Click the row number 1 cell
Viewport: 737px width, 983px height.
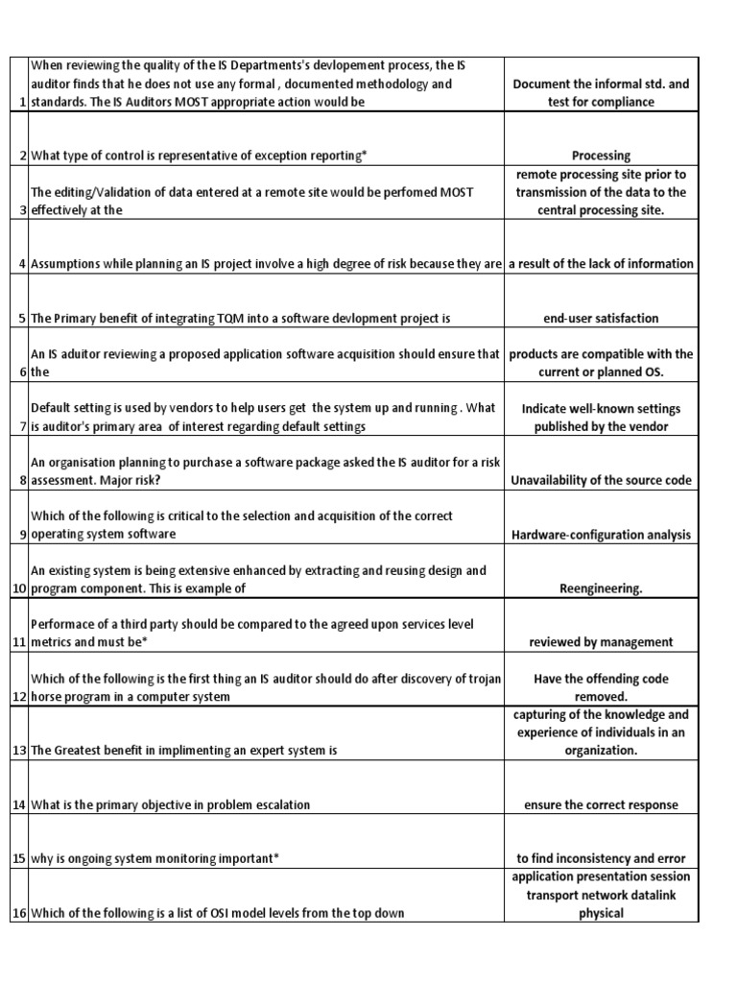tap(20, 103)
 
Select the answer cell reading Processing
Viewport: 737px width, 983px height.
tap(601, 155)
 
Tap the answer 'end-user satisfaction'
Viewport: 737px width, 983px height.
tap(601, 318)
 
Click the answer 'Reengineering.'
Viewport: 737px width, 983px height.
tap(601, 587)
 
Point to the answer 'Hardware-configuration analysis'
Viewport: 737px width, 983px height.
tap(601, 534)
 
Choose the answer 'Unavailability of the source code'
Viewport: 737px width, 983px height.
tap(601, 480)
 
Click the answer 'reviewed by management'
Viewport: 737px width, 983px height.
tap(601, 641)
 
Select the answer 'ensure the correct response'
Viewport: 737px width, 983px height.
tap(601, 804)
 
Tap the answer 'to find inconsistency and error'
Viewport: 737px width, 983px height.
tap(601, 858)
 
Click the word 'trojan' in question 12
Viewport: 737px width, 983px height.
tap(480, 679)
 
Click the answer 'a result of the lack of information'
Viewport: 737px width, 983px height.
tap(601, 264)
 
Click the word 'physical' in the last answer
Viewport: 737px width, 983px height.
tap(601, 913)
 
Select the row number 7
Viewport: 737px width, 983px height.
tap(20, 426)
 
